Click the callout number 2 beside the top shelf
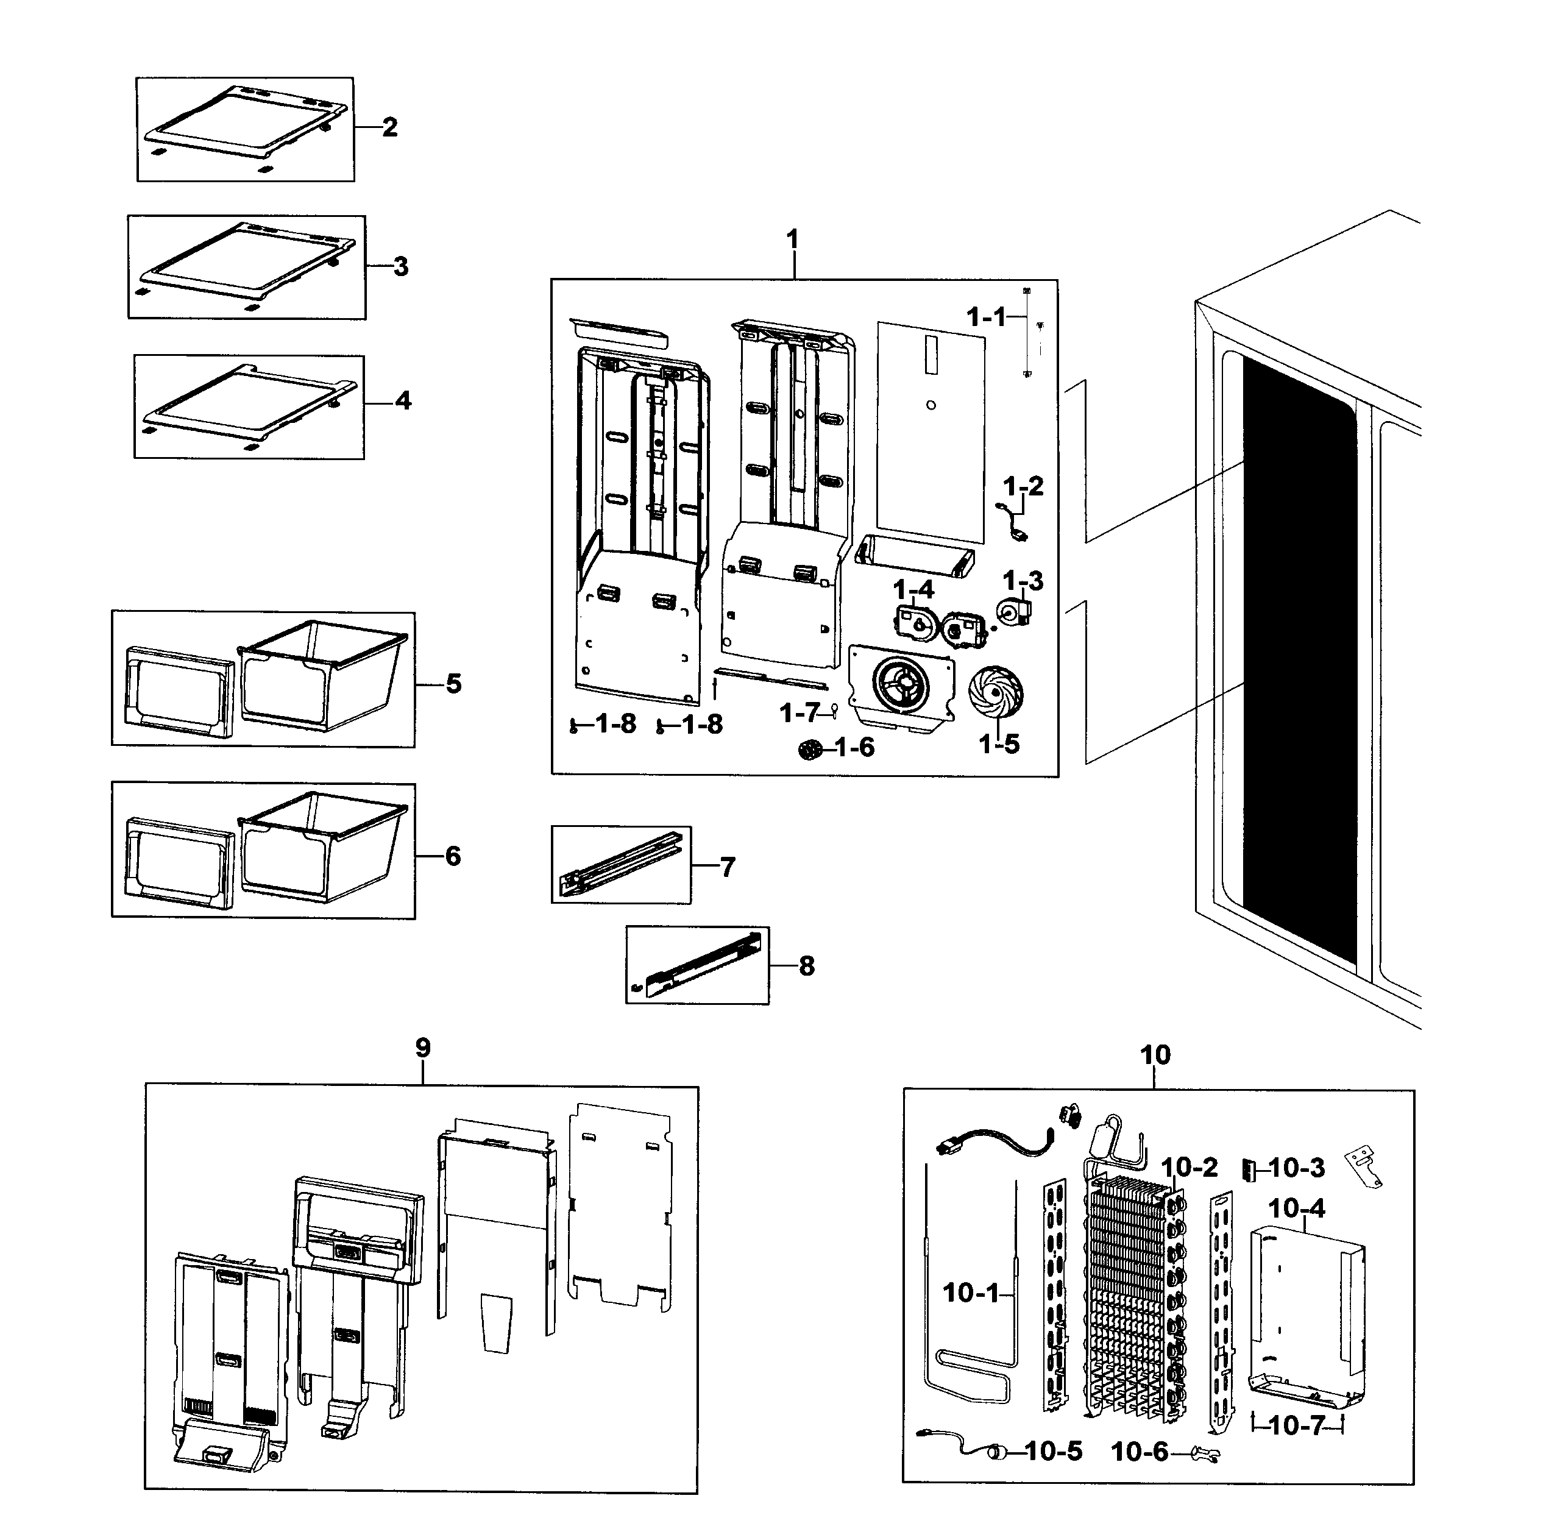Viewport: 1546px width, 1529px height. click(x=390, y=127)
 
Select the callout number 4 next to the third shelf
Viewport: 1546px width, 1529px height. click(x=403, y=401)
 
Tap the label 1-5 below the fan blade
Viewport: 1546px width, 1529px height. click(x=999, y=744)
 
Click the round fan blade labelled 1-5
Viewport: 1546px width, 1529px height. click(x=996, y=693)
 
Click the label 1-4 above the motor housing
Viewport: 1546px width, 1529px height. click(x=913, y=590)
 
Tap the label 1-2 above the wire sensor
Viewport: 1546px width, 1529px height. click(x=1024, y=486)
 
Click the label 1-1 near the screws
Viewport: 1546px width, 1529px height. click(x=986, y=318)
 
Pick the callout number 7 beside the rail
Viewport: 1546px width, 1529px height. click(x=726, y=867)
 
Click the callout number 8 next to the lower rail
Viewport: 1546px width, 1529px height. click(x=807, y=966)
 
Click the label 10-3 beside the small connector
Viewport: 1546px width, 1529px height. click(x=1296, y=1168)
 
